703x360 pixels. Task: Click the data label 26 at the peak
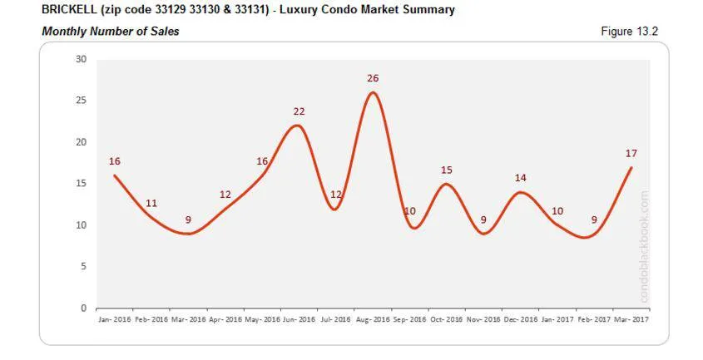[x=373, y=78]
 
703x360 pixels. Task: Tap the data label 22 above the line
[x=299, y=111]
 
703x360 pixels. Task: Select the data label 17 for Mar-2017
[x=631, y=153]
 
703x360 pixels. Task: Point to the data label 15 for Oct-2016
[x=447, y=170]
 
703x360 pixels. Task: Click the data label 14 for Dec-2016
[x=520, y=178]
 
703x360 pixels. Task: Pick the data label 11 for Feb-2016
[x=151, y=203]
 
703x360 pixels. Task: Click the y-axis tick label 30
[x=81, y=59]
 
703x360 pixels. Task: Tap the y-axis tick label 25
[x=81, y=101]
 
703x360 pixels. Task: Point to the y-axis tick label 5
[x=83, y=267]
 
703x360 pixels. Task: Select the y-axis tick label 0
[x=83, y=308]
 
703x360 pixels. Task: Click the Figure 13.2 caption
[x=629, y=32]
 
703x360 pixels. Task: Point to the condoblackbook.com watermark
[x=644, y=248]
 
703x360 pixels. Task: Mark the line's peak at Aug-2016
[x=373, y=91]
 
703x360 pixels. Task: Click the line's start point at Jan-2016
[x=114, y=175]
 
